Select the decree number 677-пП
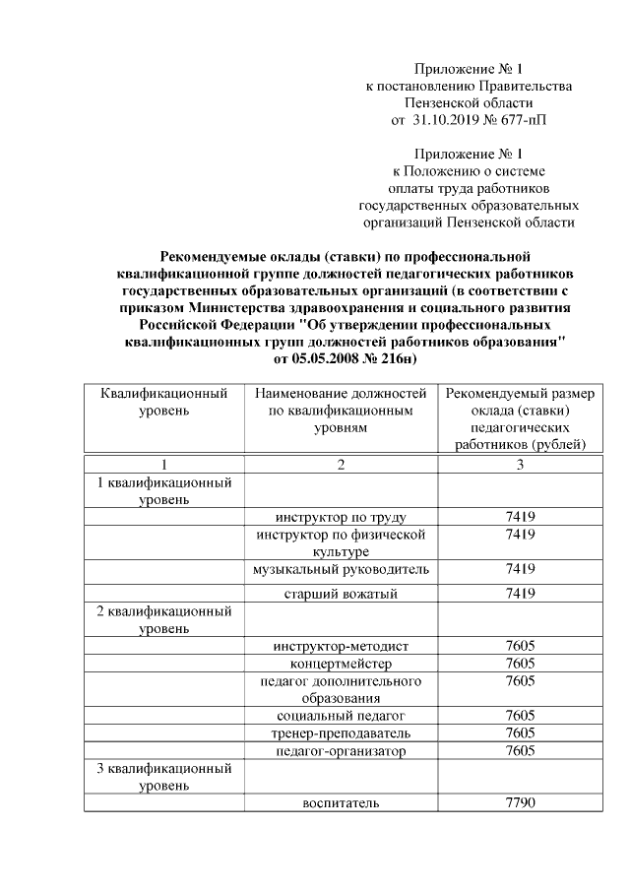517,120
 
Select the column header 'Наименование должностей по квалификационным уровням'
340,411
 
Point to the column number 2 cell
340,464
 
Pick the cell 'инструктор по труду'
340,518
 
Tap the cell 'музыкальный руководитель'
340,569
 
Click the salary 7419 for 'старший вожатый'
519,594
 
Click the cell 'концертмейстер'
340,664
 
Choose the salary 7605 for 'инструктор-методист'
519,646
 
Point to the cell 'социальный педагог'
340,715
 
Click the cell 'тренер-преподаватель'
340,733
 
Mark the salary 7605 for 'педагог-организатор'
519,751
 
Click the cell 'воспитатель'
340,803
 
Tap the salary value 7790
519,803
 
